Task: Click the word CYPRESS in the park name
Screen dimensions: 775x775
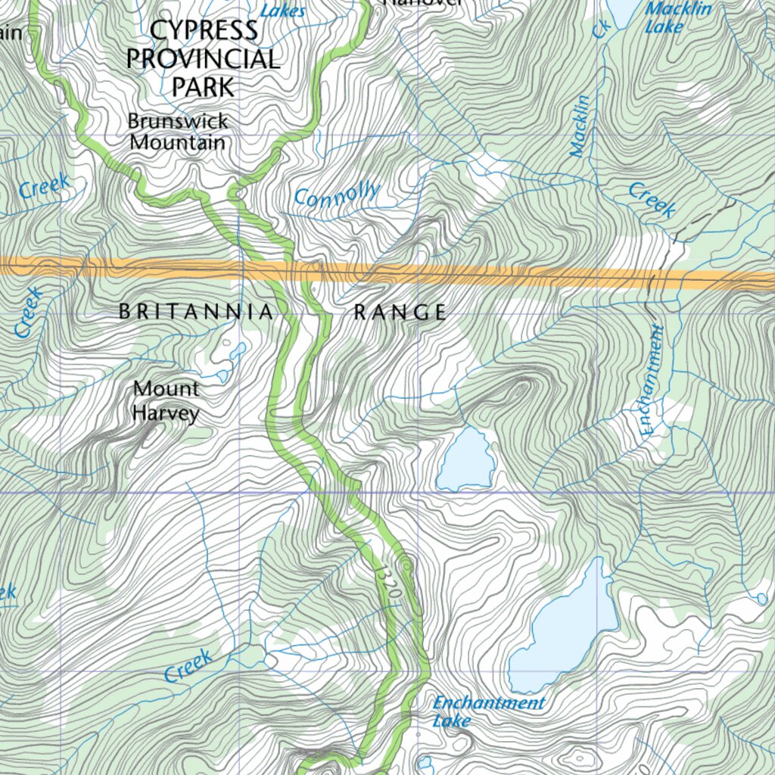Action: point(204,30)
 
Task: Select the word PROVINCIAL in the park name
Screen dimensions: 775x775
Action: point(203,58)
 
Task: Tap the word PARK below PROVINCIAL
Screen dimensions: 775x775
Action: point(204,87)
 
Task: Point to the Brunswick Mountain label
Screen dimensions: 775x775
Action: point(178,132)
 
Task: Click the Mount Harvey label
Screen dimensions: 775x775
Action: point(166,401)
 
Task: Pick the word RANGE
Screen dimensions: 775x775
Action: point(400,312)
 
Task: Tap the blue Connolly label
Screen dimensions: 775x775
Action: point(337,195)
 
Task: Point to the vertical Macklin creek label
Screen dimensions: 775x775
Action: point(580,126)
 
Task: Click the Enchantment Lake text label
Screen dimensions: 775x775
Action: point(488,711)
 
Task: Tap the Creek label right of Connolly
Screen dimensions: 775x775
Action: point(652,200)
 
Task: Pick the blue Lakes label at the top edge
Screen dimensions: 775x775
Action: point(283,10)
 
